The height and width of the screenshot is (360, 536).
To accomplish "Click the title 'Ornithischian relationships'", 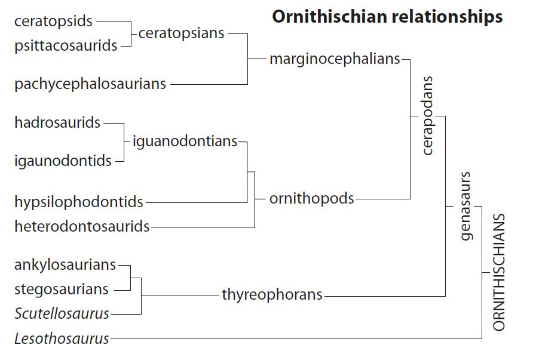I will [387, 17].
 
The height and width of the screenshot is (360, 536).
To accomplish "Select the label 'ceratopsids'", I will [54, 21].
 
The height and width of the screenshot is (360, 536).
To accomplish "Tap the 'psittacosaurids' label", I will [66, 45].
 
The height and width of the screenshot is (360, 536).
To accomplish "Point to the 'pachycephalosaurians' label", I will [90, 84].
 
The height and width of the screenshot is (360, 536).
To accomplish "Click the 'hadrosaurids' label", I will [57, 123].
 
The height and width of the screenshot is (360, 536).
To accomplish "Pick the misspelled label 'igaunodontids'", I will [63, 161].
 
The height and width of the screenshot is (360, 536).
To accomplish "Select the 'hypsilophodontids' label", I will [79, 202].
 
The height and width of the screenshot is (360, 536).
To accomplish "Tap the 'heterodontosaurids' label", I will [82, 227].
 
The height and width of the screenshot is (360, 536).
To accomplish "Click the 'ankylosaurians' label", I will [65, 264].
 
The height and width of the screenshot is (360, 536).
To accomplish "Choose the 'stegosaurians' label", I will [62, 290].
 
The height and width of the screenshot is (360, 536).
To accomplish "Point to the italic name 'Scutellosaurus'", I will [62, 313].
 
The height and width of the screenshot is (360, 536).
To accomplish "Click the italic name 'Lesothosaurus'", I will [62, 339].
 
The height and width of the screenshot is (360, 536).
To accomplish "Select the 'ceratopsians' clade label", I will [181, 33].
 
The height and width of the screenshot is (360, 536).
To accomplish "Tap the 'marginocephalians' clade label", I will [335, 59].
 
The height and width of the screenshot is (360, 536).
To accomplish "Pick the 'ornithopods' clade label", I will [312, 199].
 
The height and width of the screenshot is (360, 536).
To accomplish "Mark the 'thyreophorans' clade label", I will [272, 294].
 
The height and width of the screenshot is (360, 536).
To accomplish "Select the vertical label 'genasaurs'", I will [467, 206].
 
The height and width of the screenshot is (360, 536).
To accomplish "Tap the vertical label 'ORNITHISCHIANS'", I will [500, 272].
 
